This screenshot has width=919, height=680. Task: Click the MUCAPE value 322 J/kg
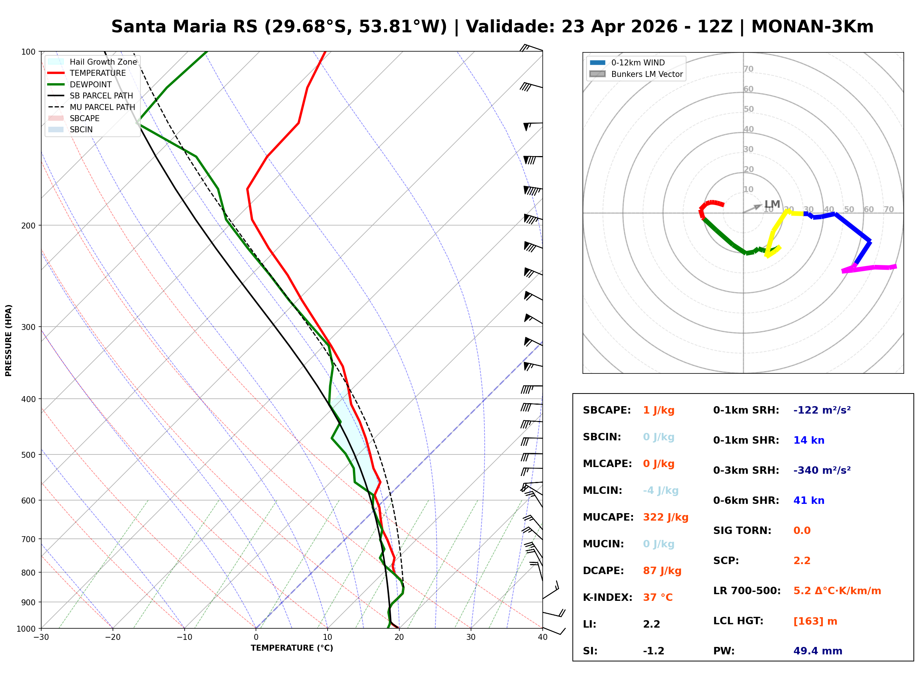[665, 517]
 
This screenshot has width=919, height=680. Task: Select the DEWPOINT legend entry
[90, 84]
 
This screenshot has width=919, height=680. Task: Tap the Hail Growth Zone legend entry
[103, 62]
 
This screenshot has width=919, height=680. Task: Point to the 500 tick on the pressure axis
[28, 455]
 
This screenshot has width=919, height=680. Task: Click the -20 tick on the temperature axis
[112, 637]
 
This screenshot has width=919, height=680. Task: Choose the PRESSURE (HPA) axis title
[9, 340]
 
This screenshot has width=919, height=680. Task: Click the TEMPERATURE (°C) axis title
[292, 648]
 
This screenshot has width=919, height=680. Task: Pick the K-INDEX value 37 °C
[657, 597]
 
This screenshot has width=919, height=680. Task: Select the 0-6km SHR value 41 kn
[808, 501]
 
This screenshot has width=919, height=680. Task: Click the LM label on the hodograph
[772, 204]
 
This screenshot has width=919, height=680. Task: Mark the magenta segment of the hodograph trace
[868, 268]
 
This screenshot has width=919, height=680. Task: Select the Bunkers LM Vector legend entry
[646, 74]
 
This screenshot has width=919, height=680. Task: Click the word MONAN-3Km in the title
[812, 27]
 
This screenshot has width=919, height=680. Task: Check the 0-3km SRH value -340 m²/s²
[822, 470]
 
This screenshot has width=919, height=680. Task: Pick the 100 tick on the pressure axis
[28, 52]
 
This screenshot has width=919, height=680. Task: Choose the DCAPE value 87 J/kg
[662, 570]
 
